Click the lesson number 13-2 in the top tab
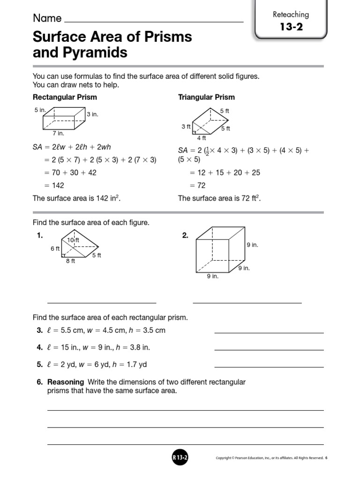coord(291,27)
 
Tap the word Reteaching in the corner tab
coord(291,14)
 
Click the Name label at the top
coord(47,18)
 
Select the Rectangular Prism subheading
coord(65,97)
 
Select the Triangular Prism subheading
coord(206,97)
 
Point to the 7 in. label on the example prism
coord(58,133)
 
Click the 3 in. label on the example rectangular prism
coord(92,114)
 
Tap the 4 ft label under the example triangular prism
coord(201,138)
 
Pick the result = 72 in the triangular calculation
coord(197,185)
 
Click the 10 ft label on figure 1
coord(73,240)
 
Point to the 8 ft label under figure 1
coord(70,261)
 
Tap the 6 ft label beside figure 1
coord(55,249)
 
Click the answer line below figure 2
coord(247,302)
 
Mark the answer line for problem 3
coord(269,332)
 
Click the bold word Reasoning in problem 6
coord(66,382)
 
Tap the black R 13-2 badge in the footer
coord(180,457)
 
